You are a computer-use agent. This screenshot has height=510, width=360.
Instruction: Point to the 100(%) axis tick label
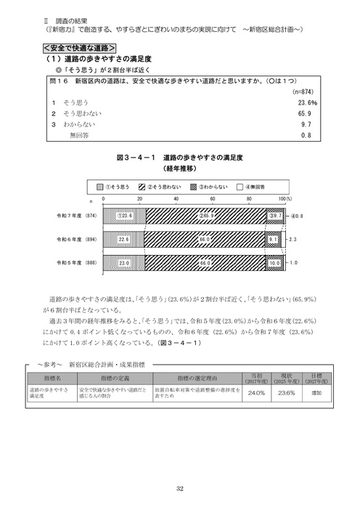click(285, 198)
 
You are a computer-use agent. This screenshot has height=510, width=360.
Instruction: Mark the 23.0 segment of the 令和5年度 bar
click(124, 262)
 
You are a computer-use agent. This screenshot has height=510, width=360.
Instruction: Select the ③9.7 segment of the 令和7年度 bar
click(275, 216)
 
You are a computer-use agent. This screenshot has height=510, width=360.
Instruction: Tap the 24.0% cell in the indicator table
click(256, 392)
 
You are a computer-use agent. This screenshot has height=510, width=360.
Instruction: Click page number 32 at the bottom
click(179, 488)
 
